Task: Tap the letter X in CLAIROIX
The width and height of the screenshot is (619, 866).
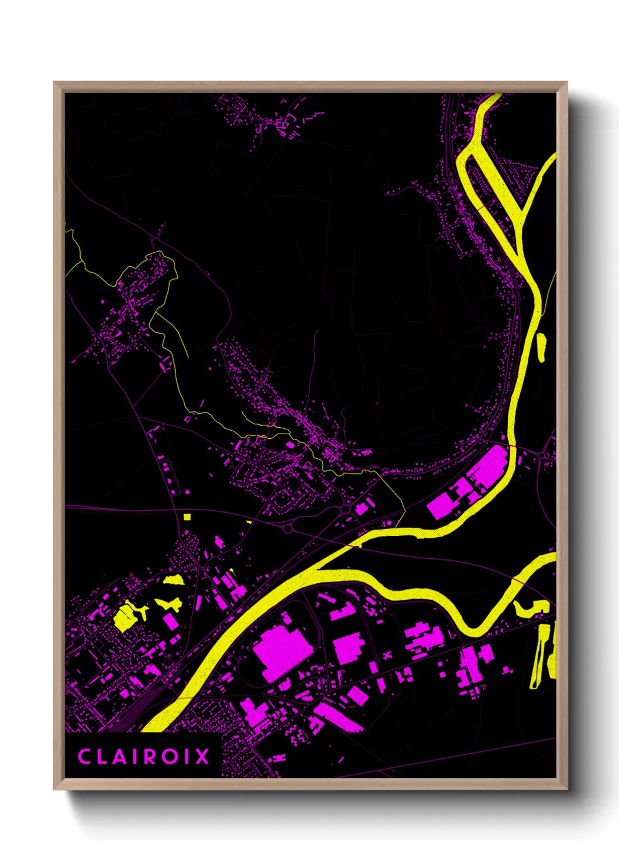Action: coord(202,757)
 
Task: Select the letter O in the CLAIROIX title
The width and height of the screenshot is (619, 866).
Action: coord(170,757)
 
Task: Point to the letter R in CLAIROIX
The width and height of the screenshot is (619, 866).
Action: coord(150,757)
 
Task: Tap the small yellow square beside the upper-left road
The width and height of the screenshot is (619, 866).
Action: coord(187,517)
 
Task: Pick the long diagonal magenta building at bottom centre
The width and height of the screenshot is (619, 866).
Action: coord(338,717)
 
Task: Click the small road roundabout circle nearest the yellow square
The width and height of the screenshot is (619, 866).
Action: coord(287,528)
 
